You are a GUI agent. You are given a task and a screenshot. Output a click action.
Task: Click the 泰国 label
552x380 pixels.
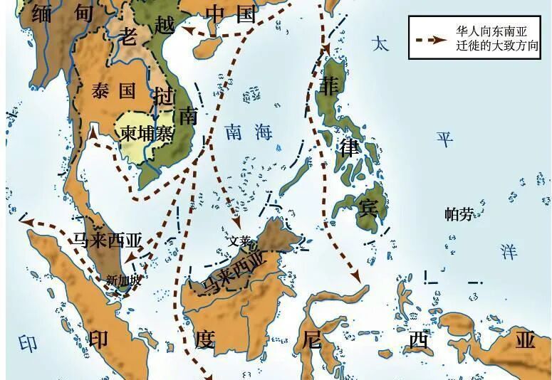[x=114, y=90]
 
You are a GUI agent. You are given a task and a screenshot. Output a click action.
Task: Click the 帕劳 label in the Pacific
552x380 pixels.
[x=459, y=213]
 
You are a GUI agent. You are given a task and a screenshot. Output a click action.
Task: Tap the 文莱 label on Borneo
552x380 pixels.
[x=239, y=241]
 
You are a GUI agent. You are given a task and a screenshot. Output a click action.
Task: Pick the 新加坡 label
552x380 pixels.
[x=123, y=280]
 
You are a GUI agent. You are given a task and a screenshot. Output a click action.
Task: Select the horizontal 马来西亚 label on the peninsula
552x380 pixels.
[x=108, y=238]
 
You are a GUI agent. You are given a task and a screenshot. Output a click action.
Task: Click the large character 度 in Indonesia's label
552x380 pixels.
[x=204, y=340]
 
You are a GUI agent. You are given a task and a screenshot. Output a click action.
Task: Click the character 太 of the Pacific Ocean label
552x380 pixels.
[x=381, y=43]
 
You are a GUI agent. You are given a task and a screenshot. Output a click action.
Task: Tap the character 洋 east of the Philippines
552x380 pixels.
[x=508, y=251]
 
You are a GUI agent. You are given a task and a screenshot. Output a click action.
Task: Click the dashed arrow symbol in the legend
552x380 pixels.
[x=429, y=41]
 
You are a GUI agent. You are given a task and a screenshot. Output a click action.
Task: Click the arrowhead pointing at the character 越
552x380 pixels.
[x=187, y=30]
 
